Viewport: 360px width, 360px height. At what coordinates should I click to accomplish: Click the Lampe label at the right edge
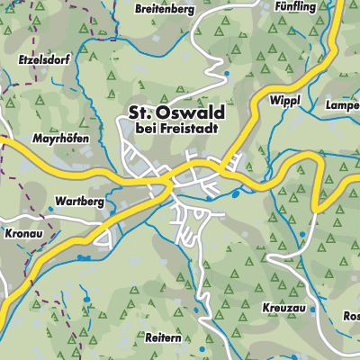tap(342, 105)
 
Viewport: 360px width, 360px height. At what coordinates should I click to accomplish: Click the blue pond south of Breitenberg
tap(227, 74)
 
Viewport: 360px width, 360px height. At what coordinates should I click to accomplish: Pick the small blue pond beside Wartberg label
tap(51, 208)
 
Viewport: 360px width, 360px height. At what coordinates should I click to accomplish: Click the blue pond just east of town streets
tap(236, 193)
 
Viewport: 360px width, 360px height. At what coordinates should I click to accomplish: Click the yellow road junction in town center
tap(167, 182)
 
